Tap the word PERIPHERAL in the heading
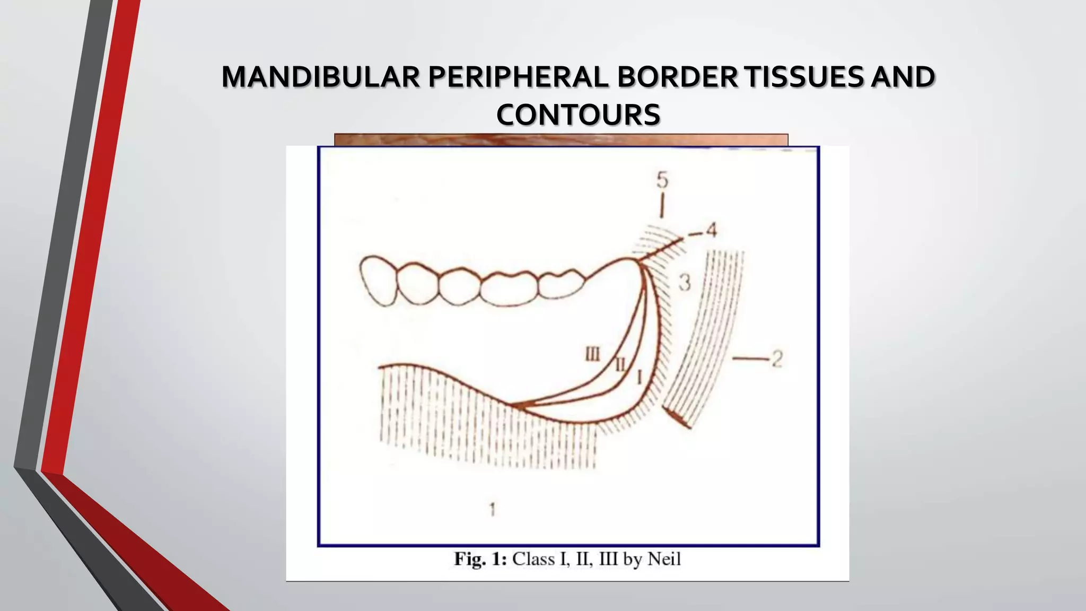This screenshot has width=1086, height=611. (x=518, y=77)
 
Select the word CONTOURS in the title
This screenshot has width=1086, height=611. (x=578, y=115)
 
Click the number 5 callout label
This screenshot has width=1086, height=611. (x=662, y=180)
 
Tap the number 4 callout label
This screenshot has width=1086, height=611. (x=711, y=230)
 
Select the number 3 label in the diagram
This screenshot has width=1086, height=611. (x=685, y=282)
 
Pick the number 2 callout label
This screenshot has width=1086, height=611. (x=776, y=359)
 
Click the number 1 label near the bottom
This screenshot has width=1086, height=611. (x=492, y=509)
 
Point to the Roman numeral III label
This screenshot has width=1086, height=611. (x=592, y=354)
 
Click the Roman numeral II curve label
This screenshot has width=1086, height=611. (x=619, y=364)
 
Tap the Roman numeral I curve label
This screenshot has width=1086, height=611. (x=639, y=377)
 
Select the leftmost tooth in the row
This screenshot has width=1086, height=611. (x=378, y=281)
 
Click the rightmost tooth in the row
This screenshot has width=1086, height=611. (x=560, y=283)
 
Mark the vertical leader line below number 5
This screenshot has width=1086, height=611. (x=661, y=206)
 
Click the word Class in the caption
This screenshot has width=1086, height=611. (x=534, y=559)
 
